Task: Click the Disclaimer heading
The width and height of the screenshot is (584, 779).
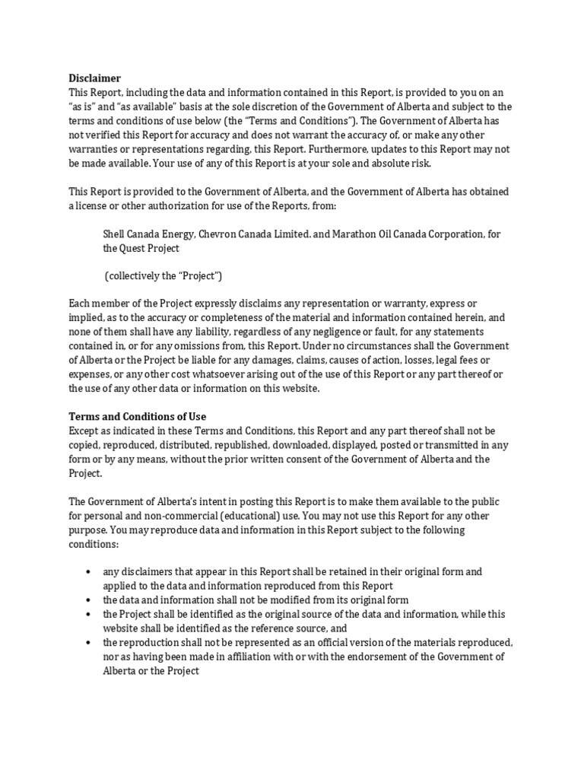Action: tap(94, 78)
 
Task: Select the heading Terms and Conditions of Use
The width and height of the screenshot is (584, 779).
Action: tap(138, 417)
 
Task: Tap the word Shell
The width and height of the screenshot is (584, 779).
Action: tap(116, 234)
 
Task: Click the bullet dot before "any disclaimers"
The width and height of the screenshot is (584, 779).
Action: tap(89, 571)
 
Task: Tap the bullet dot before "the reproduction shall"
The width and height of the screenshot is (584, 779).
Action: tap(89, 642)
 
